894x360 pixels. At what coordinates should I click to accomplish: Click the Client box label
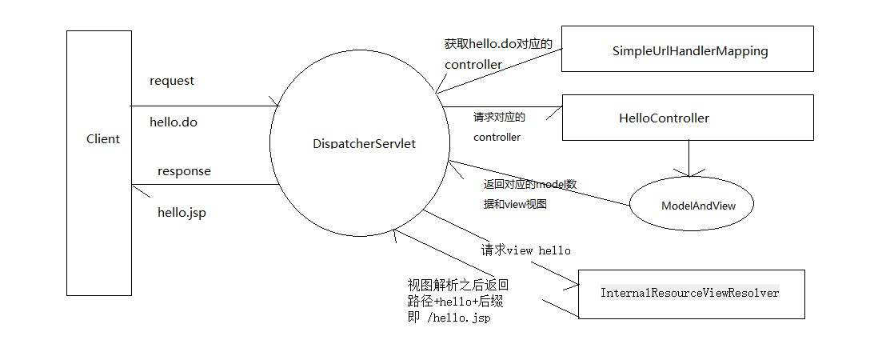coord(102,139)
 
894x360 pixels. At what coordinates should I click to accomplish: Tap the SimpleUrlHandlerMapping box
coord(689,51)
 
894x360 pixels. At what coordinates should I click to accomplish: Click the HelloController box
coord(664,118)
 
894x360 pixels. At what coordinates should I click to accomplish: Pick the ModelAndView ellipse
coord(697,206)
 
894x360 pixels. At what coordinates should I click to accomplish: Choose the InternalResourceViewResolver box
coord(689,294)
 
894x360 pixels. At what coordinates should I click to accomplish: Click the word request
coord(172,81)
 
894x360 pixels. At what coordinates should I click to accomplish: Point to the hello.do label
coord(174,122)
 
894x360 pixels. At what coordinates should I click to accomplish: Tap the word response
coord(184,171)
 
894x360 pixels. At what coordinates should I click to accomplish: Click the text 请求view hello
coord(526,250)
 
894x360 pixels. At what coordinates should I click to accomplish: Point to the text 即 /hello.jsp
coord(449,318)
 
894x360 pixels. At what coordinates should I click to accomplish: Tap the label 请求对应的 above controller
coord(499,118)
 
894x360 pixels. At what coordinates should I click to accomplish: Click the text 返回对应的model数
coord(530,185)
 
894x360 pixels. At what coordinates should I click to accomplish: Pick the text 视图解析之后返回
coord(457,286)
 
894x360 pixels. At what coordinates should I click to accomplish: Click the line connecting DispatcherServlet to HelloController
coord(500,106)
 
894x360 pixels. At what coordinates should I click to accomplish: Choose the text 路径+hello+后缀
coord(455,302)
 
